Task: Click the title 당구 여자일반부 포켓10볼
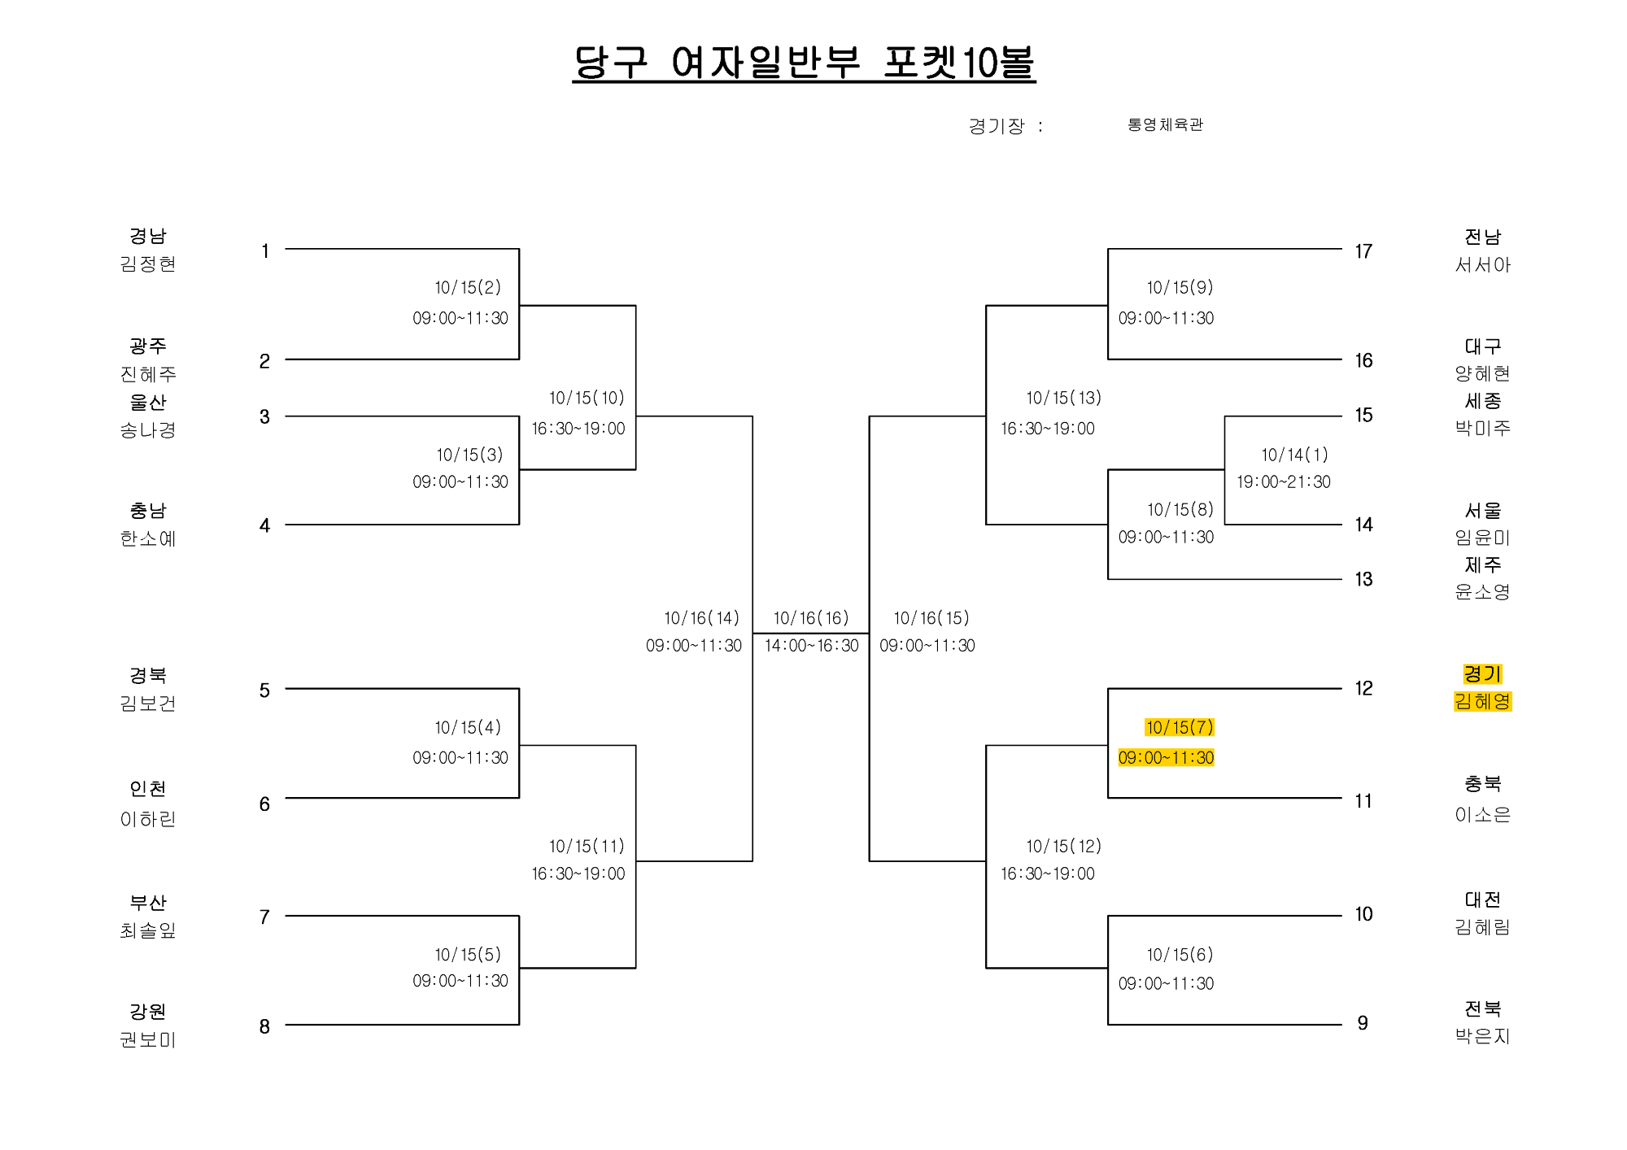pyautogui.click(x=804, y=63)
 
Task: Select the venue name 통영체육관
pyautogui.click(x=1165, y=124)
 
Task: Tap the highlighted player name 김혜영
pyautogui.click(x=1482, y=701)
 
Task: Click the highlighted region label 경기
pyautogui.click(x=1482, y=674)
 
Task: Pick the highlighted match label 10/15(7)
pyautogui.click(x=1180, y=727)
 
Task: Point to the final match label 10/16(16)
pyautogui.click(x=811, y=618)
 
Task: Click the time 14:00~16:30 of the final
pyautogui.click(x=811, y=646)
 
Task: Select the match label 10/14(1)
pyautogui.click(x=1294, y=455)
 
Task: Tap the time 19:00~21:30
pyautogui.click(x=1284, y=481)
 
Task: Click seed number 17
pyautogui.click(x=1363, y=251)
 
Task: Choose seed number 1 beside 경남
pyautogui.click(x=265, y=251)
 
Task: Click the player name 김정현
pyautogui.click(x=148, y=264)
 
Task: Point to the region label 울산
pyautogui.click(x=148, y=402)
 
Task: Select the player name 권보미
pyautogui.click(x=148, y=1039)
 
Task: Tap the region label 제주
pyautogui.click(x=1482, y=564)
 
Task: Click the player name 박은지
pyautogui.click(x=1482, y=1036)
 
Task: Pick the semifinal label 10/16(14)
pyautogui.click(x=701, y=618)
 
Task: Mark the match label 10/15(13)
pyautogui.click(x=1063, y=398)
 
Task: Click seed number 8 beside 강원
pyautogui.click(x=264, y=1026)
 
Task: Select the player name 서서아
pyautogui.click(x=1482, y=264)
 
